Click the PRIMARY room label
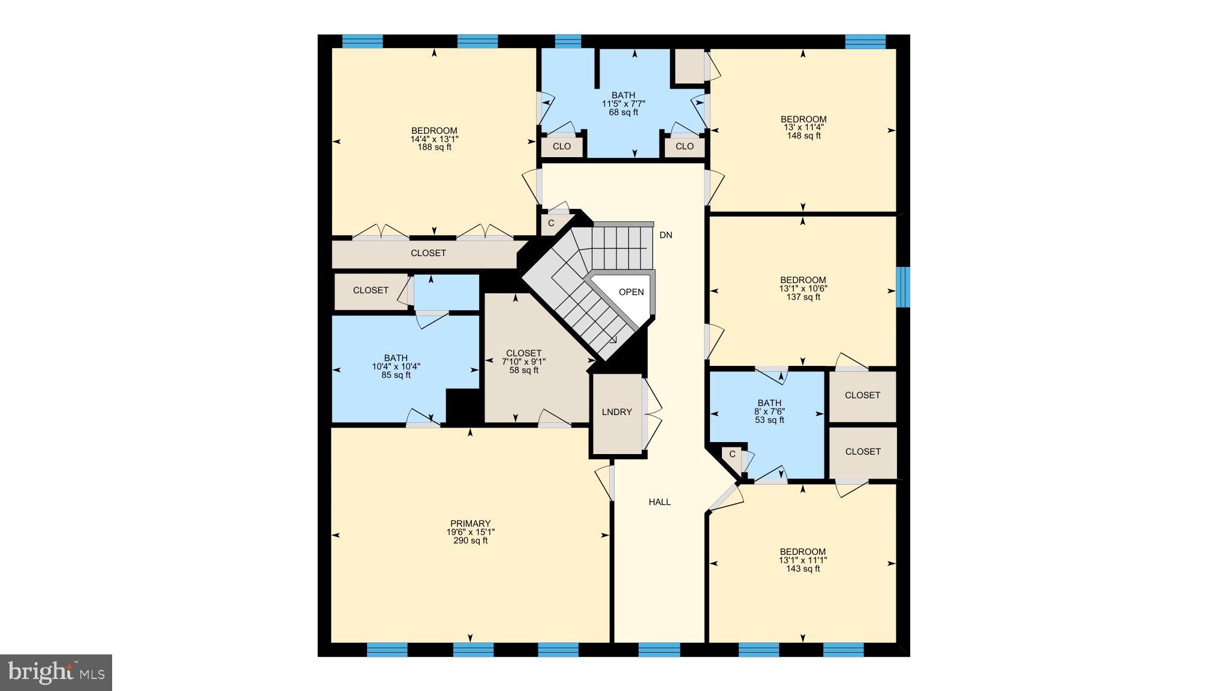470,524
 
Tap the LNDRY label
616,412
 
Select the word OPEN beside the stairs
631,292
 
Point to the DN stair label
666,235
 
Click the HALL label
660,502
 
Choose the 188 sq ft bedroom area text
434,148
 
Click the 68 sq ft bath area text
624,112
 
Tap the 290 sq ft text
470,540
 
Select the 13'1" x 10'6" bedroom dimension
803,289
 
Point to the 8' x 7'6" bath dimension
770,411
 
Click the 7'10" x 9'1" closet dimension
523,362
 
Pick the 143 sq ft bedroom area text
803,569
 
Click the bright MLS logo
56,672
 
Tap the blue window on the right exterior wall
903,287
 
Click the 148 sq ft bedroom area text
803,136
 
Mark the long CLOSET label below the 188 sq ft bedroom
428,253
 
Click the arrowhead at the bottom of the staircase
613,340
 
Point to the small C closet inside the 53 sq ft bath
732,454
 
